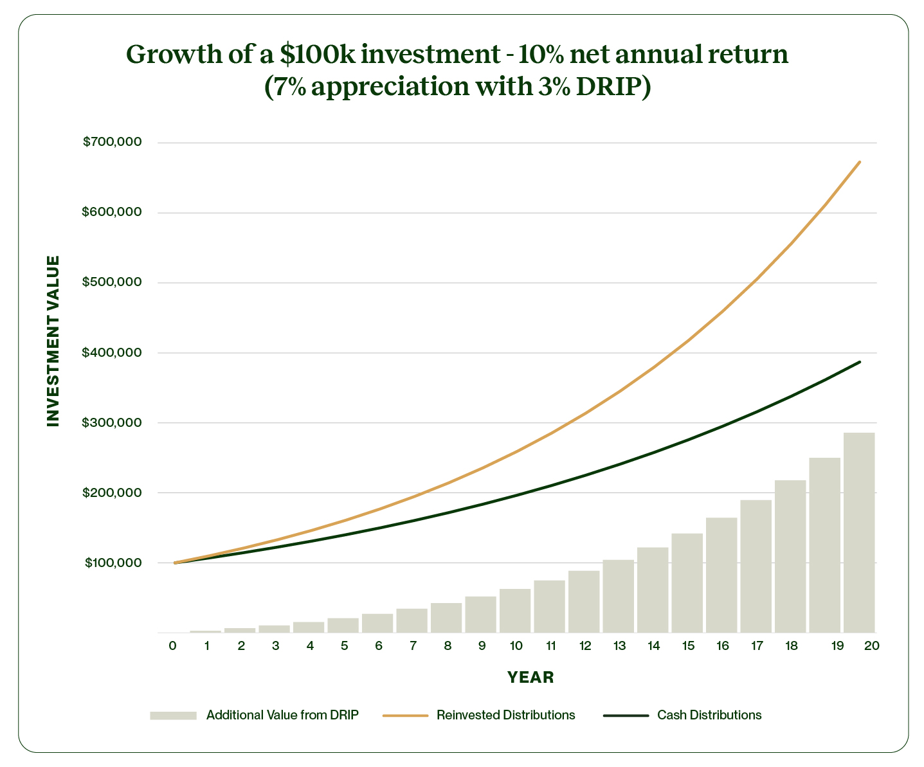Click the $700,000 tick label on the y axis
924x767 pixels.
(112, 142)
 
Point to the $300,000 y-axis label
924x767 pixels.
(112, 422)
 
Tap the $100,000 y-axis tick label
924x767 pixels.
(113, 563)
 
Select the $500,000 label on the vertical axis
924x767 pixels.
(112, 282)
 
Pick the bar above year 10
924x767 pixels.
(515, 610)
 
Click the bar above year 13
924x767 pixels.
(618, 596)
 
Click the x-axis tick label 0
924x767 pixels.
(172, 646)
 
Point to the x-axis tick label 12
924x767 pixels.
(584, 646)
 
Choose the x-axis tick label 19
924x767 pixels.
(837, 646)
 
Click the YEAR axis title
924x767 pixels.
(530, 677)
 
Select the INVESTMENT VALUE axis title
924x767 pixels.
(53, 341)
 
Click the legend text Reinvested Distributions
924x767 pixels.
(505, 715)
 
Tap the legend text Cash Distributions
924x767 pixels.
(709, 715)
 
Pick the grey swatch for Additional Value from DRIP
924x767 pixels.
(172, 715)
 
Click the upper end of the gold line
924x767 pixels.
(860, 162)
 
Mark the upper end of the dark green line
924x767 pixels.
(860, 362)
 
